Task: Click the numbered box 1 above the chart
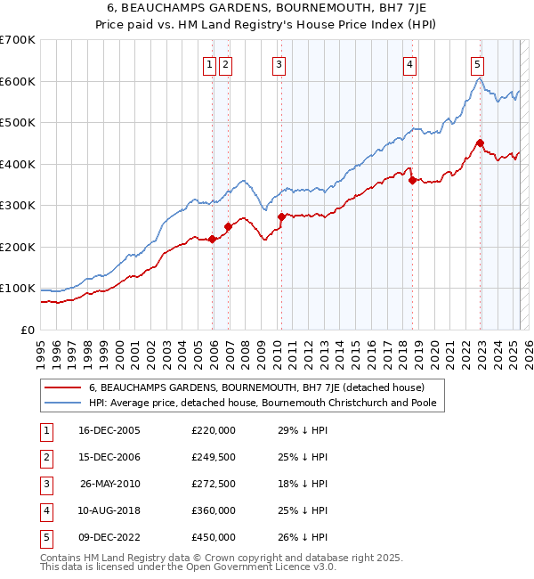tap(208, 64)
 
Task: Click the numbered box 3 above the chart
tap(279, 64)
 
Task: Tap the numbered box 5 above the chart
tap(477, 64)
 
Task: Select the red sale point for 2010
tap(281, 216)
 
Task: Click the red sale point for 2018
tap(412, 180)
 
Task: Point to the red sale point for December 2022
tap(480, 143)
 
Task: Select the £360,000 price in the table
tap(214, 510)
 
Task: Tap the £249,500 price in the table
tap(214, 457)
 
